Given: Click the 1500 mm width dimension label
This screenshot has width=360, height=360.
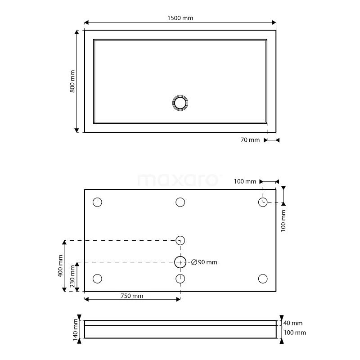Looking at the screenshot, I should click(180, 18).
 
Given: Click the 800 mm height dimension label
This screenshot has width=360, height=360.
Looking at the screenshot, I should click(72, 81).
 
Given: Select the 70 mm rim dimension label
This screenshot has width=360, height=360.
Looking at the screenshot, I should click(250, 140).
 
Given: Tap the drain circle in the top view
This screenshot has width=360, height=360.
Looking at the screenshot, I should click(180, 103).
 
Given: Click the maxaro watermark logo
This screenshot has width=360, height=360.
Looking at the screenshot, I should click(179, 180).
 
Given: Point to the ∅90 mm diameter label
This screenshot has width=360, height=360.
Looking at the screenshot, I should click(204, 262).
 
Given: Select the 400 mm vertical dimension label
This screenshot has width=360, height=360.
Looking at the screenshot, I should click(61, 266).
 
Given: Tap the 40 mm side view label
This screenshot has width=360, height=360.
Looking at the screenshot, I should click(294, 323).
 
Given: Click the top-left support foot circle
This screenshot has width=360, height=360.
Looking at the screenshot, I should click(97, 202).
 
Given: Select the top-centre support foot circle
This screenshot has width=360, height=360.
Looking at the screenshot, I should click(180, 202).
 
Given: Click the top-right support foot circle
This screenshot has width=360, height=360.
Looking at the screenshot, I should click(263, 202).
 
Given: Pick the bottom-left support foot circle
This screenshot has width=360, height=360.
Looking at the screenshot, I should click(97, 279).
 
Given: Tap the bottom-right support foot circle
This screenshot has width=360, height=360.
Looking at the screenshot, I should click(263, 279).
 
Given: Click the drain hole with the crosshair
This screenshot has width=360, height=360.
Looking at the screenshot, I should click(180, 261).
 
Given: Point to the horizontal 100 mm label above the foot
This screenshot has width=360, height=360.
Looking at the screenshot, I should click(245, 181).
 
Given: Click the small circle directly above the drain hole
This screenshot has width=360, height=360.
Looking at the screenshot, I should click(180, 240).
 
